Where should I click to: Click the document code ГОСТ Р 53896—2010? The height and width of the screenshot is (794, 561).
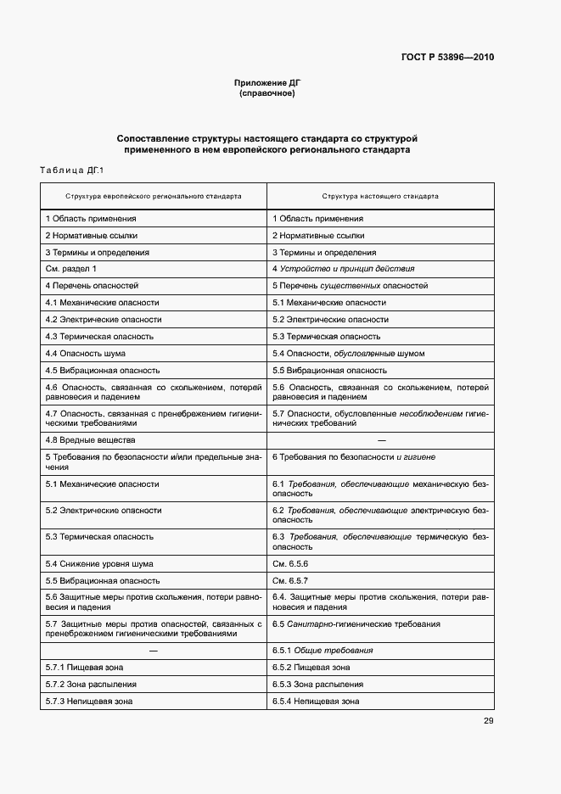[x=447, y=58]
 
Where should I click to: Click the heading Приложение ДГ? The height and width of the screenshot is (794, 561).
[x=267, y=82]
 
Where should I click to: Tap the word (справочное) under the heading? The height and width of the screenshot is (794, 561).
[x=267, y=93]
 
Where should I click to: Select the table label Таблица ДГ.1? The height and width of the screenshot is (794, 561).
[x=71, y=171]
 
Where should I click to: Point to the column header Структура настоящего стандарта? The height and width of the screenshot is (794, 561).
[x=380, y=196]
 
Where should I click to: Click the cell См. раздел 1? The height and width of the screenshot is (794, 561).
[x=71, y=269]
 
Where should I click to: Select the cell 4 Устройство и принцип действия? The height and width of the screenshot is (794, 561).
[x=343, y=269]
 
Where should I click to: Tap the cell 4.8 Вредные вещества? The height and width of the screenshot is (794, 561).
[x=90, y=440]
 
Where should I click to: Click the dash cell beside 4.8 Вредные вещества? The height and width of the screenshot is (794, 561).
[x=380, y=440]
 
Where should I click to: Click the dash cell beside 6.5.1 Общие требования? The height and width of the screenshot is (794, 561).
[x=154, y=651]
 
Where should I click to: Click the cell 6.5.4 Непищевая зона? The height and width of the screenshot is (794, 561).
[x=316, y=702]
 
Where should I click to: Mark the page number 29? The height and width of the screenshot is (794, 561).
[x=488, y=721]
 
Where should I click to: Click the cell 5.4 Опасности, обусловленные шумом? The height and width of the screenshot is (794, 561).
[x=348, y=354]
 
